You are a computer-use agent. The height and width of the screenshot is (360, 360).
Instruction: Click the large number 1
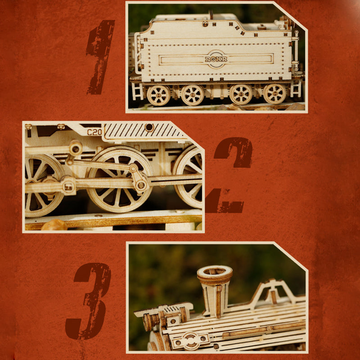coord(101,56)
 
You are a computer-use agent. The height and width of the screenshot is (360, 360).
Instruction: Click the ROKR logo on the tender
coord(216,59)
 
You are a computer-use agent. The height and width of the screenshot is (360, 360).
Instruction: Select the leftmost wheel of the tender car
coord(158,95)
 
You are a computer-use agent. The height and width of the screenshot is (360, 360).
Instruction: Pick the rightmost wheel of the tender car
coord(274,94)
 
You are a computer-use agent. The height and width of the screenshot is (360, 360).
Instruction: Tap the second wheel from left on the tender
coord(193,95)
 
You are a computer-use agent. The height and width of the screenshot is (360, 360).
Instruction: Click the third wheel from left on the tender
coord(241,94)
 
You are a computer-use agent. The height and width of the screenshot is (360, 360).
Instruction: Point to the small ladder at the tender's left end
coord(137,91)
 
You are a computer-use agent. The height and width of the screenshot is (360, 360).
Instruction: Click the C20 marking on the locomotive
coord(94,132)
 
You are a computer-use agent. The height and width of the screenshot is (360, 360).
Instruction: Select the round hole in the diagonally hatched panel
coord(148,127)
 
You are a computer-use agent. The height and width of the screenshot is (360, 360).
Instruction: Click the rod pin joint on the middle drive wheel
coord(140,184)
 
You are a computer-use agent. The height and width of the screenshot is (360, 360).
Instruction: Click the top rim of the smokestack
coord(215,271)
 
